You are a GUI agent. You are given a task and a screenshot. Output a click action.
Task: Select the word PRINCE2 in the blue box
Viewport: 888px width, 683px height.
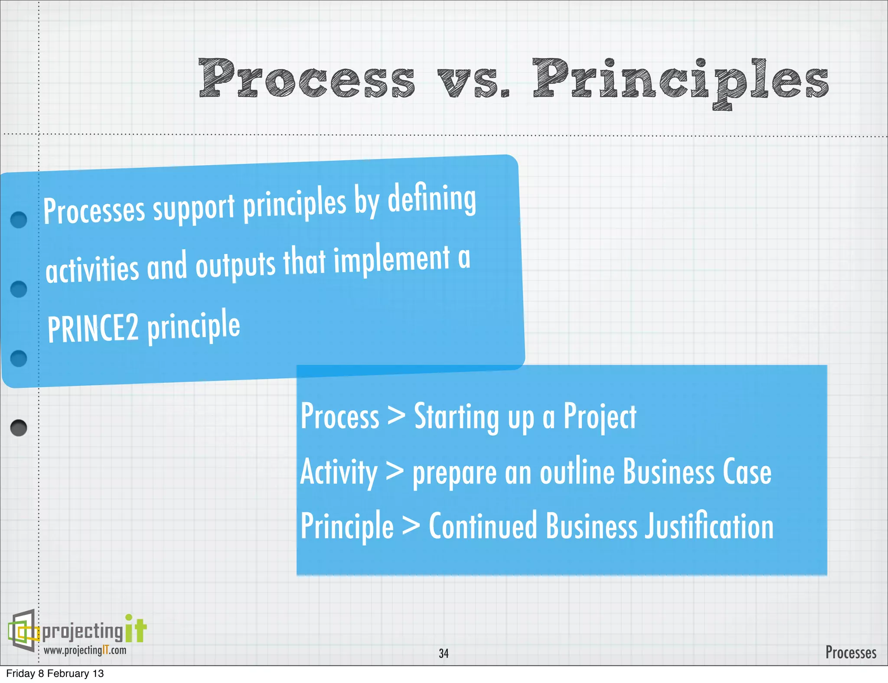point(93,329)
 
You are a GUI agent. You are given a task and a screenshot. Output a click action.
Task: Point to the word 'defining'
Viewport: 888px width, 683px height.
point(432,199)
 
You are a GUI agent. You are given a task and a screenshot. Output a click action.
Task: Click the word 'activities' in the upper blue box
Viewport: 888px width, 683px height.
point(92,269)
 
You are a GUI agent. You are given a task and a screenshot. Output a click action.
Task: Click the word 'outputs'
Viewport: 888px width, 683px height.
point(235,265)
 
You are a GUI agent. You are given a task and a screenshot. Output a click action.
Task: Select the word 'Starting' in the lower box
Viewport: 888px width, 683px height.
point(456,417)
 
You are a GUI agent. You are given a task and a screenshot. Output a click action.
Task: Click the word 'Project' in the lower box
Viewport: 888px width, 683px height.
point(600,417)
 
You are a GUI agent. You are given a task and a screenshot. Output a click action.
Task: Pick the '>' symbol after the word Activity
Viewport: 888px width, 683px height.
point(395,471)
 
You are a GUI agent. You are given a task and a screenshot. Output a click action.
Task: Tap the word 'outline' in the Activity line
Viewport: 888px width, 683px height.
point(577,472)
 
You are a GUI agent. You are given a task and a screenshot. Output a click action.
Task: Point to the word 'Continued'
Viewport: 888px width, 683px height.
point(483,526)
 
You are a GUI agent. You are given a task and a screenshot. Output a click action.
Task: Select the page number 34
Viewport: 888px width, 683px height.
point(444,653)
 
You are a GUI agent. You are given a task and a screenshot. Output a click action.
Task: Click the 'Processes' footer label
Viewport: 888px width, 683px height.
point(850,652)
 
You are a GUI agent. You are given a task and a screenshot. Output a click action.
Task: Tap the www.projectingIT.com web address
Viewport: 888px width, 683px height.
point(85,650)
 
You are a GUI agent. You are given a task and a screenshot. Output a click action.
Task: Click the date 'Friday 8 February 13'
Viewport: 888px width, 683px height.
point(55,673)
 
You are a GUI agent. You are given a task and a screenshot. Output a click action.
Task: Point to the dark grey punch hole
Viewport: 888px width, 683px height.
point(19,428)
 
